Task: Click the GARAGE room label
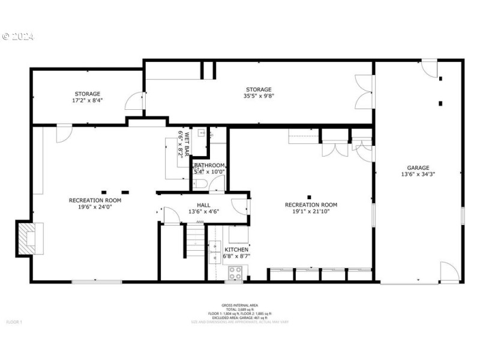(x=418, y=168)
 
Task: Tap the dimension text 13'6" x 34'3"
(x=418, y=175)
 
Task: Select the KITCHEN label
(x=236, y=250)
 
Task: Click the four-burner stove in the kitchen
(x=235, y=273)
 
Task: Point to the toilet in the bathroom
(x=201, y=184)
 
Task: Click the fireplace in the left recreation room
(x=28, y=238)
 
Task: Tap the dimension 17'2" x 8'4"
(x=88, y=100)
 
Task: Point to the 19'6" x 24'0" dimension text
(x=95, y=207)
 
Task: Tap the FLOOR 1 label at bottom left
(x=14, y=322)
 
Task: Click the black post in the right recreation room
(x=309, y=197)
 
